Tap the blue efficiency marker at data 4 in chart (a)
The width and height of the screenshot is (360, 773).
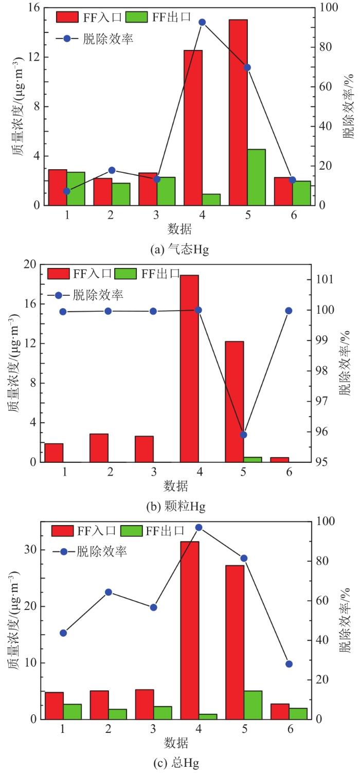202,22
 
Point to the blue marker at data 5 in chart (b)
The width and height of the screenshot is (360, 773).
244,435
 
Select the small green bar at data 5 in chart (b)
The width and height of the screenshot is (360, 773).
253,459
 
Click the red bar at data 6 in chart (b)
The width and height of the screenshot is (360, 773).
280,459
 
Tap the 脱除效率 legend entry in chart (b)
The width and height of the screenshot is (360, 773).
98,295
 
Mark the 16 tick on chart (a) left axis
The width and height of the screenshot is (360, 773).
34,8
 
